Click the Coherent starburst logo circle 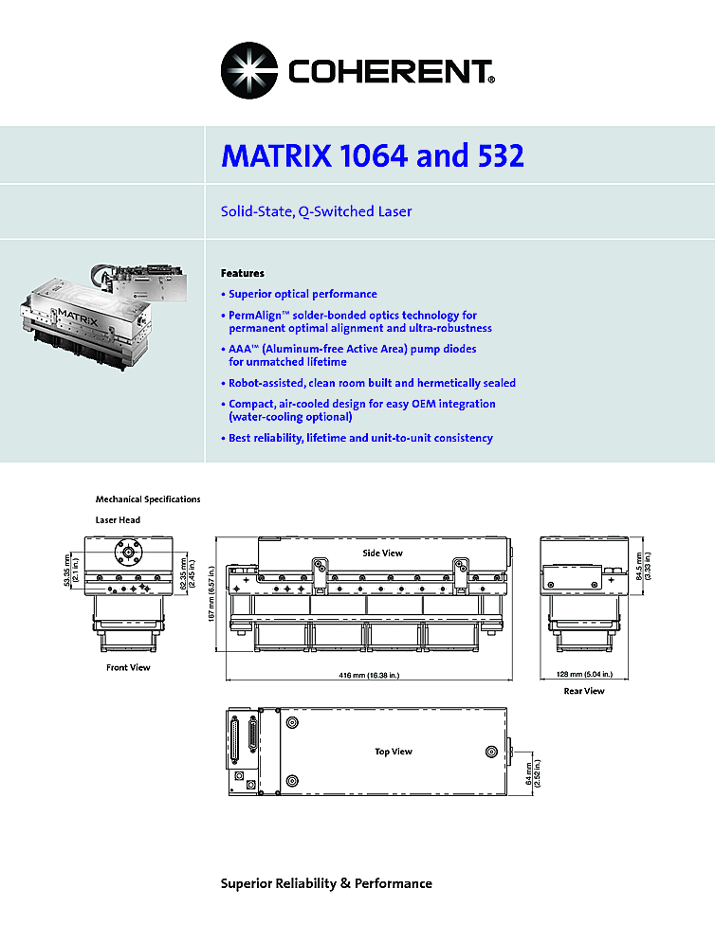249,70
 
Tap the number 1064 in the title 375,155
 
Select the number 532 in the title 497,155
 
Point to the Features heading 243,273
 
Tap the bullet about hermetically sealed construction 369,383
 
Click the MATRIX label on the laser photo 78,317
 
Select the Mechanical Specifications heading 148,499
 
